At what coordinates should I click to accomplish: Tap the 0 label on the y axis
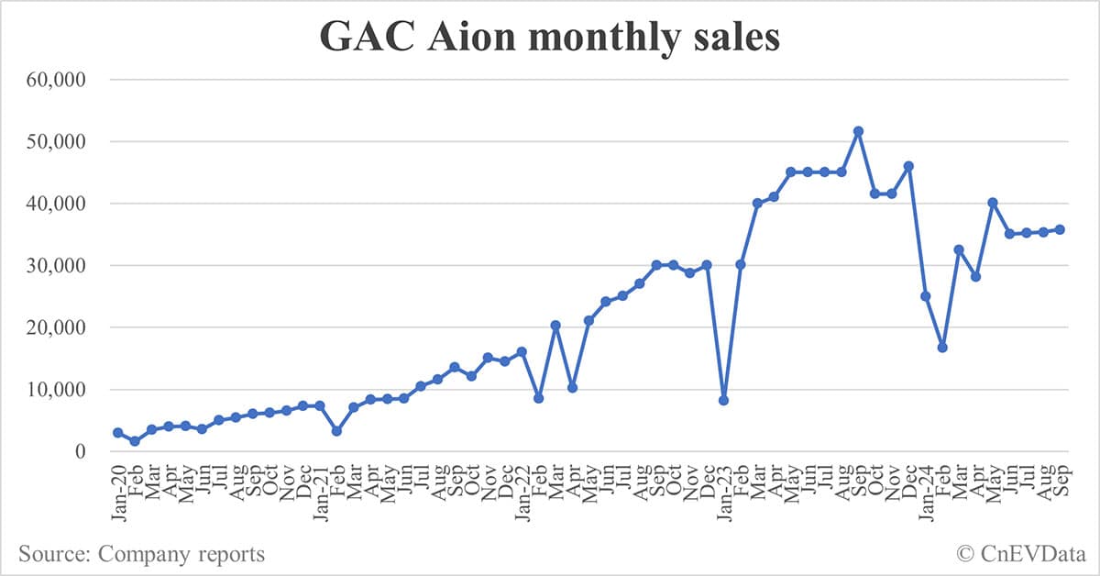(x=81, y=452)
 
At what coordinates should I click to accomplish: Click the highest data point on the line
(x=858, y=131)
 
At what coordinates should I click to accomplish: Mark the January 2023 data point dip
(x=723, y=400)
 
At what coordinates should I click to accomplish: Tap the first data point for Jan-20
(x=118, y=433)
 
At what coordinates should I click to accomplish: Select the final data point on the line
(x=1060, y=229)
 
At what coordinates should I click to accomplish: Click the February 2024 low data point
(x=941, y=348)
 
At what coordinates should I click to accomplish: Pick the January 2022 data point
(x=522, y=351)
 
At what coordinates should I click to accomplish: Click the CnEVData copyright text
(x=1018, y=554)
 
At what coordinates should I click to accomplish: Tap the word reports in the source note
(x=231, y=554)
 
